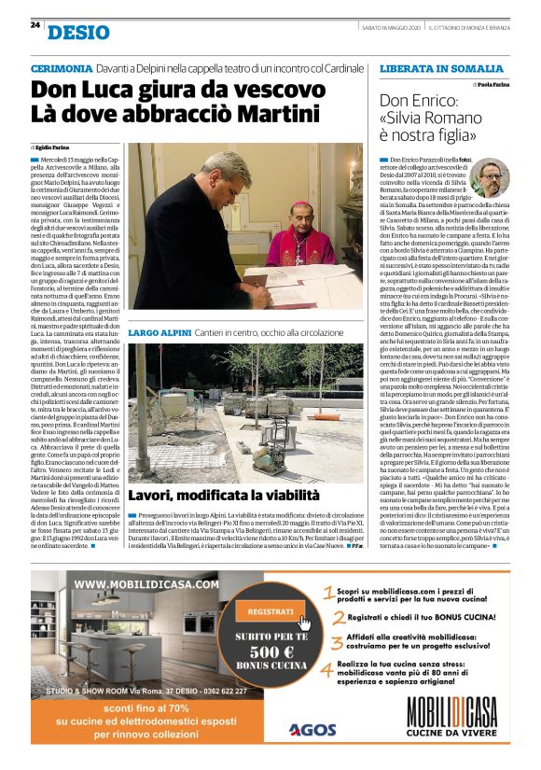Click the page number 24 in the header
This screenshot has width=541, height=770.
coord(35,24)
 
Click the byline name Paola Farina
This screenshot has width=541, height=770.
coord(494,85)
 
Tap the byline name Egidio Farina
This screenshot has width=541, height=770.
coord(54,148)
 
